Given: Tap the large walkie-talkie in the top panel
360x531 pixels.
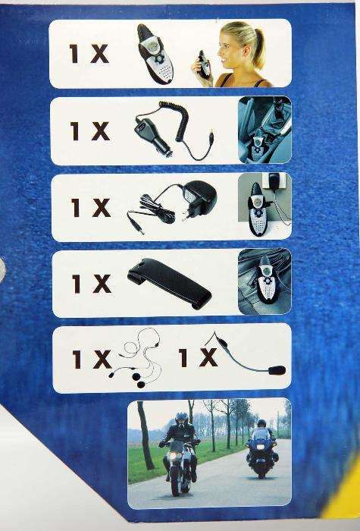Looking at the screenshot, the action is point(155,54).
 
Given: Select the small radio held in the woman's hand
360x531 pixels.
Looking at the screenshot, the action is point(205,64).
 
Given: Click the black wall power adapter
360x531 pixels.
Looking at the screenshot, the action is point(199,199).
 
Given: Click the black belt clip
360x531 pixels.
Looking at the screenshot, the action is point(170,283).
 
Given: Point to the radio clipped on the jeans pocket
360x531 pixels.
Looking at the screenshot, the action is point(268,279).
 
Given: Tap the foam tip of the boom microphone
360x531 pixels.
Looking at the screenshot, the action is point(277,370).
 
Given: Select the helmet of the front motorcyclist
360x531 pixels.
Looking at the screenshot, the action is point(182,420).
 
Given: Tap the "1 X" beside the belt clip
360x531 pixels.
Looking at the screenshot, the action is point(92,284).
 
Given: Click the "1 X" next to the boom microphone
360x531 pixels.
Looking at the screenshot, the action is point(199,358).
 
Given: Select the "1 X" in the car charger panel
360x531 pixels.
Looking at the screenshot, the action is point(90,131).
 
